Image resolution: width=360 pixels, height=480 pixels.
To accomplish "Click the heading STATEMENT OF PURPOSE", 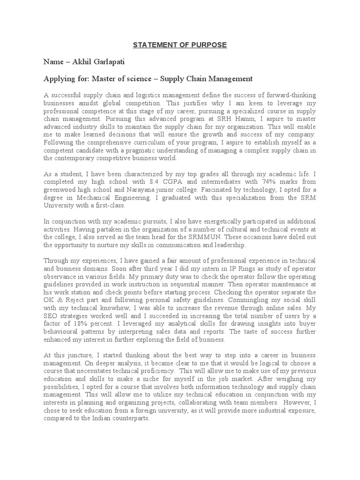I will click(180, 45).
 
